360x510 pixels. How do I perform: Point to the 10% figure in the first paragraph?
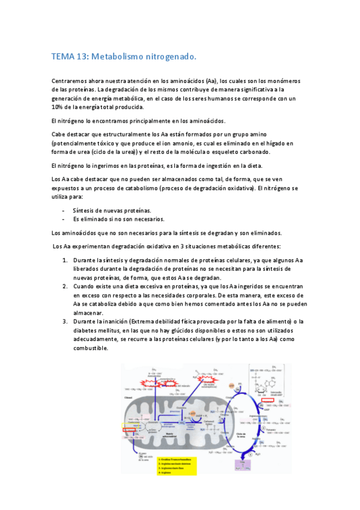(x=59, y=107)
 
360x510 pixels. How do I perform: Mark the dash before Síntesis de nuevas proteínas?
(x=64, y=210)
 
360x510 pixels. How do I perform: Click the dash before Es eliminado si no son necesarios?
(x=64, y=219)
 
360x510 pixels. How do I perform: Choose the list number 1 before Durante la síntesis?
(x=65, y=260)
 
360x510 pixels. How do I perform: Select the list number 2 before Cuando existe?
(x=65, y=286)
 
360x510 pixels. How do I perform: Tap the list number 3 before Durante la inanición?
(x=65, y=321)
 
